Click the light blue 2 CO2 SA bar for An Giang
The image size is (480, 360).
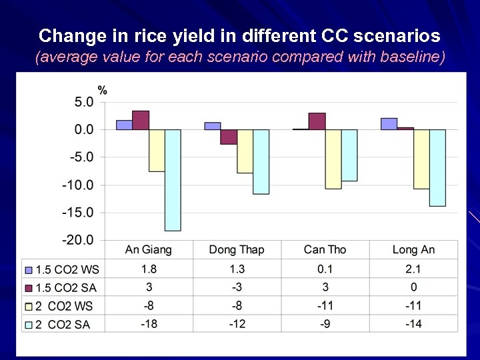(x=173, y=180)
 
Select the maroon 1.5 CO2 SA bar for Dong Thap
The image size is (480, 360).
(x=229, y=137)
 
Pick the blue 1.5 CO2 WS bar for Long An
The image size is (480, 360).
(x=389, y=124)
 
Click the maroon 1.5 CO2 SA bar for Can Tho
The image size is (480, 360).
(x=317, y=121)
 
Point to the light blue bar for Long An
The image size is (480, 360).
(x=437, y=167)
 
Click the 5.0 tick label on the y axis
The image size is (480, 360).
(x=83, y=102)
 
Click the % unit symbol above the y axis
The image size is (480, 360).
(x=103, y=90)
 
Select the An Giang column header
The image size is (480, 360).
(x=148, y=250)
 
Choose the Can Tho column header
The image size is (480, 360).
(x=325, y=250)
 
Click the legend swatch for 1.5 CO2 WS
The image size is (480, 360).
(x=28, y=270)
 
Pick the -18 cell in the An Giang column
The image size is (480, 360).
(x=148, y=324)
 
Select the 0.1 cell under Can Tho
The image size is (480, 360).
(x=325, y=269)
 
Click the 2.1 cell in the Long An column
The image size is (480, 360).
(x=413, y=269)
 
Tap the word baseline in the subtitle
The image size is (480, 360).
(x=413, y=57)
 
